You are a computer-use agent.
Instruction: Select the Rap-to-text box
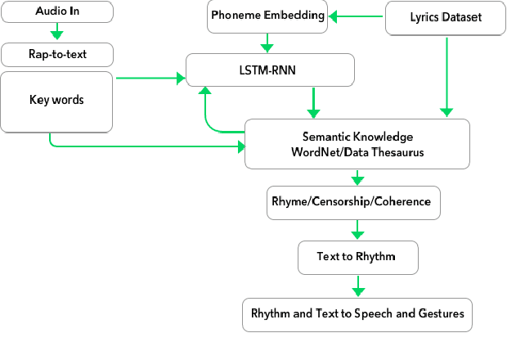coord(56,55)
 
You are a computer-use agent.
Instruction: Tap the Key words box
coord(56,101)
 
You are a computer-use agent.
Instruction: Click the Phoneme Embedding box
coord(267,16)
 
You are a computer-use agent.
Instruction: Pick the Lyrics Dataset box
coord(446,16)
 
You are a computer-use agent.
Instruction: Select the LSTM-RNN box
coord(270,70)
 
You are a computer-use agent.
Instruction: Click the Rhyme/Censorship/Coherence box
coord(355,202)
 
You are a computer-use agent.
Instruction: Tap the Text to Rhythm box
coord(357,257)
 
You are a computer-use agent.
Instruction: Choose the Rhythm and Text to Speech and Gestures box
coord(357,313)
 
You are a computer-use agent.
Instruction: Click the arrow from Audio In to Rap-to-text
coord(56,32)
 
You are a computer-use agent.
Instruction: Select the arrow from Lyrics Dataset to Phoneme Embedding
coord(357,16)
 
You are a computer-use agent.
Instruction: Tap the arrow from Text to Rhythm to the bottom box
coord(357,286)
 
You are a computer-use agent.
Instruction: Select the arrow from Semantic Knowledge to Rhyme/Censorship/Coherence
coord(357,178)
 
